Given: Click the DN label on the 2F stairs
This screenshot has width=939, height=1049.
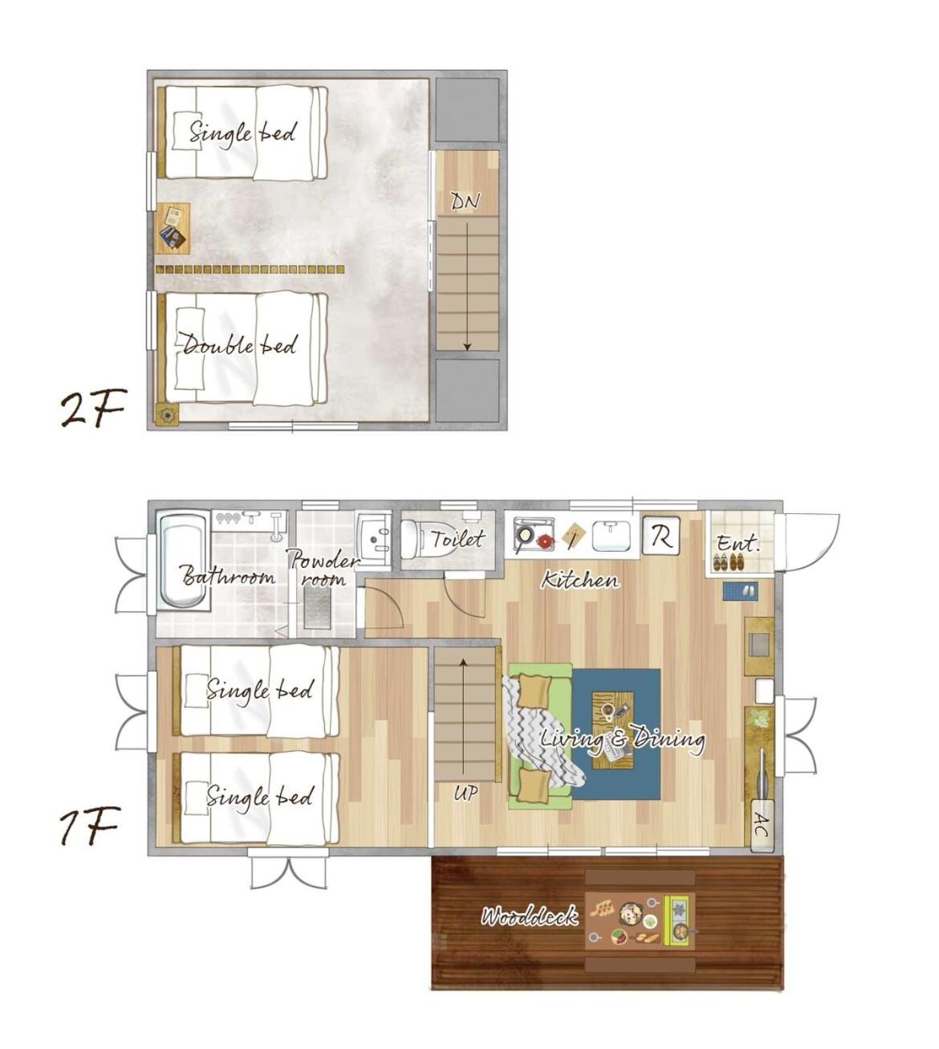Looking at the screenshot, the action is coord(465,202).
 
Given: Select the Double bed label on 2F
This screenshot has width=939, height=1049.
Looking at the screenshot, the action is coord(239,345).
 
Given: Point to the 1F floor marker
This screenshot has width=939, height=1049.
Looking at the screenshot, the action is coord(89,827).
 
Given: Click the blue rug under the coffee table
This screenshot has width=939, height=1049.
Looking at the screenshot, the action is coord(616,734).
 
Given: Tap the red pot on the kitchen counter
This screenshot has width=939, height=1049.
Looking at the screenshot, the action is coord(545,541).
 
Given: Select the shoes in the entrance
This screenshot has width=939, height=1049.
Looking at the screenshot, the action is coord(729,562).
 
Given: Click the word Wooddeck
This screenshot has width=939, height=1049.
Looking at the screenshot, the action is coord(528,916).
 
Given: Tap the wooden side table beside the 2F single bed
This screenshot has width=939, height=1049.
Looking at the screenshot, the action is coord(173,228).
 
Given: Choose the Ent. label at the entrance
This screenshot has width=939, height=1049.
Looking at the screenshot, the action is coord(738,543).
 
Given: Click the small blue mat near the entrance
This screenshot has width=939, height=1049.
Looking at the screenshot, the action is coord(740,590).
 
